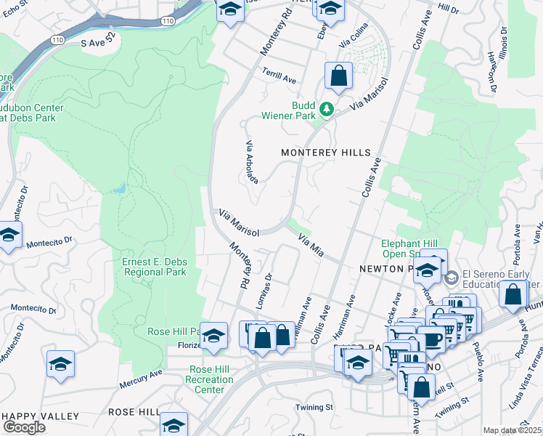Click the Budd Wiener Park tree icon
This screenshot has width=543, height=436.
coord(327,110)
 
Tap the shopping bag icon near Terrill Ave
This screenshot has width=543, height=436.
coord(339,76)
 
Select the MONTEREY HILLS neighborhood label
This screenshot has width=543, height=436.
coord(326,153)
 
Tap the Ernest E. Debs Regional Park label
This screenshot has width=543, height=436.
coord(154,267)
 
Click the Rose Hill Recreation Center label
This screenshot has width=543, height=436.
coord(210,379)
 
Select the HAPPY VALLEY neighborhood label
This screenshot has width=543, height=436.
coord(41,416)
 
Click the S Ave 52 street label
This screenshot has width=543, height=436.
coord(103,44)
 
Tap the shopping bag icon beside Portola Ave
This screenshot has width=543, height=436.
coord(513,294)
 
